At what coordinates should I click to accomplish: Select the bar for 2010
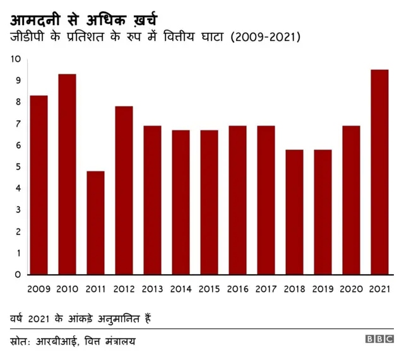[x=67, y=174]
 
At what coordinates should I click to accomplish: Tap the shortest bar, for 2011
[x=95, y=223]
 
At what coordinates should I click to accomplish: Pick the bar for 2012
[x=124, y=190]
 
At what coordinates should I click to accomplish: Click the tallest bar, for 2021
[x=379, y=172]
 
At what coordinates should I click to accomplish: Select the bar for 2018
[x=294, y=212]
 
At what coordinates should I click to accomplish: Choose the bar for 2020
[x=351, y=200]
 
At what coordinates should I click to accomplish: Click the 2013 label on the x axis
[x=152, y=289]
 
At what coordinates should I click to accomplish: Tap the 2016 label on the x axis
[x=237, y=289]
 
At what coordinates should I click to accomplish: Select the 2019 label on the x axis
[x=323, y=289]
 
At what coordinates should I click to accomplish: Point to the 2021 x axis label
[x=379, y=289]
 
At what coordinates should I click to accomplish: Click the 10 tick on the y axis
[x=16, y=59]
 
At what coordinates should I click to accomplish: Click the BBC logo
[x=379, y=340]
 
